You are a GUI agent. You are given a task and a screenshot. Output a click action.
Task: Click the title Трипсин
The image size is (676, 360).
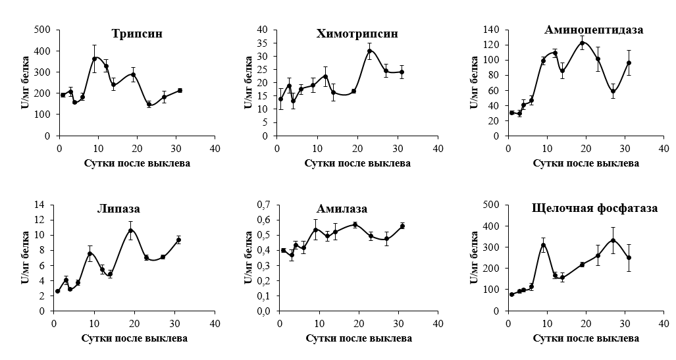pyautogui.click(x=137, y=34)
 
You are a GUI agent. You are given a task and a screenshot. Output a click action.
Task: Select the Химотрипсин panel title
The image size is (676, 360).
pyautogui.click(x=357, y=34)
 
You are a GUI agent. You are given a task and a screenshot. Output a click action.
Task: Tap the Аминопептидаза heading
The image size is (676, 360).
pyautogui.click(x=594, y=30)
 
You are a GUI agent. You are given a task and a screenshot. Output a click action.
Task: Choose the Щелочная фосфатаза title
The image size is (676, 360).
pyautogui.click(x=594, y=209)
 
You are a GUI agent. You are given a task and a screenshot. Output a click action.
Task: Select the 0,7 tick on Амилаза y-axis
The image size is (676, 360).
pyautogui.click(x=262, y=205)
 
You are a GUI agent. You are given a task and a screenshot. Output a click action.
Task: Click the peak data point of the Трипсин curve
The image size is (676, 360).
pyautogui.click(x=94, y=59)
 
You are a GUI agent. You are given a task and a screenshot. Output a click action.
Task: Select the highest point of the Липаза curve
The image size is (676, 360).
pyautogui.click(x=131, y=230)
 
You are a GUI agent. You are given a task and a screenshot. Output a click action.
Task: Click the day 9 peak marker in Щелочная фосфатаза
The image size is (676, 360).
pyautogui.click(x=543, y=245)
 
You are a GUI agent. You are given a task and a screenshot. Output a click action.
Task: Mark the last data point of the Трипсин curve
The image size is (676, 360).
pyautogui.click(x=180, y=90)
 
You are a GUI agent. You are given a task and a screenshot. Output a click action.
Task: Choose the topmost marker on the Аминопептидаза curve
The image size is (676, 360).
pyautogui.click(x=582, y=43)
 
